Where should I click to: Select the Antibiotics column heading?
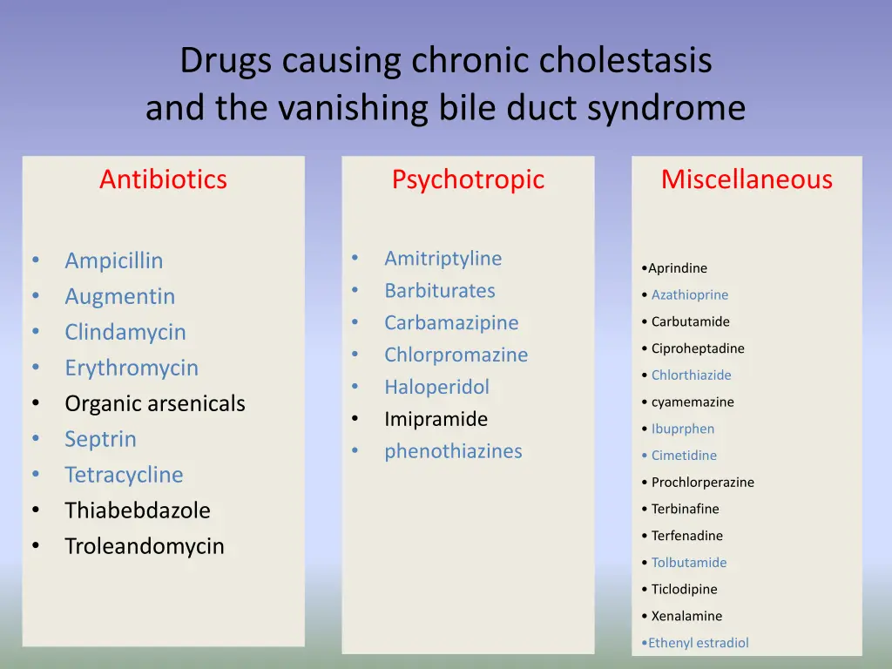click(163, 179)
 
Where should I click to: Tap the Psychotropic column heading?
click(468, 179)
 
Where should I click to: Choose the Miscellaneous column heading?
click(747, 179)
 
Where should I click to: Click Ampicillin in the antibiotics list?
click(113, 260)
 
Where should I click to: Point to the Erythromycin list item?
click(132, 368)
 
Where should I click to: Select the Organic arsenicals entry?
click(155, 403)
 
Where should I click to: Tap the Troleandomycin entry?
click(145, 546)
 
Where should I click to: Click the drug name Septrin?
click(100, 439)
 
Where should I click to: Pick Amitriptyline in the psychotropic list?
click(443, 259)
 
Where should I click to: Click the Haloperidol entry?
click(437, 387)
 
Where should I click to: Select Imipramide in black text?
click(436, 419)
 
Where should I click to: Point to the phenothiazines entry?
click(453, 451)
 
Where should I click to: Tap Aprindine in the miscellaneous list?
click(678, 268)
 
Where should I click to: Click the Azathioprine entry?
click(690, 295)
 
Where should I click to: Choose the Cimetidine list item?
click(684, 456)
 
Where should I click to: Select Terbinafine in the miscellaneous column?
click(686, 509)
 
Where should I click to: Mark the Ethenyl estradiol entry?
click(698, 643)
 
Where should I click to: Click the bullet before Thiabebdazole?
click(36, 510)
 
